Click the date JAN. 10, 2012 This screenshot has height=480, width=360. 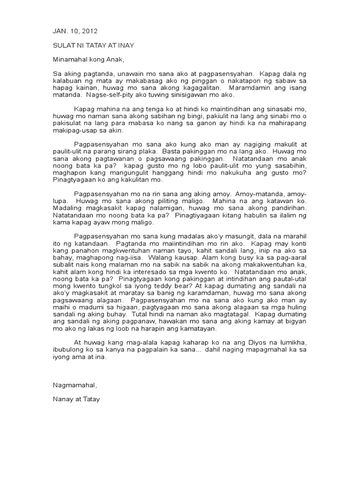coord(75,31)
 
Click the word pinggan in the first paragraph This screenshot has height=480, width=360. coord(210,81)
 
